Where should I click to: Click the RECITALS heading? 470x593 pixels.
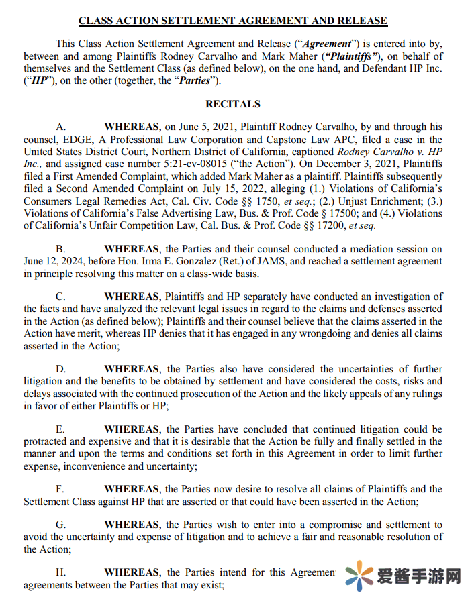pyautogui.click(x=232, y=104)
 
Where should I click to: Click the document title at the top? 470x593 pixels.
pyautogui.click(x=232, y=21)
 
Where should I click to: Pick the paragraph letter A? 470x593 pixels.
pyautogui.click(x=60, y=127)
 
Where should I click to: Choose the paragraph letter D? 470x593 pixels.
pyautogui.click(x=60, y=369)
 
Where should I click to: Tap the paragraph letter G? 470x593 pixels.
pyautogui.click(x=60, y=525)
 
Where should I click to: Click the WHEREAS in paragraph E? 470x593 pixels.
pyautogui.click(x=132, y=429)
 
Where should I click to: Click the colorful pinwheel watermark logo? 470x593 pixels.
pyautogui.click(x=360, y=576)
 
